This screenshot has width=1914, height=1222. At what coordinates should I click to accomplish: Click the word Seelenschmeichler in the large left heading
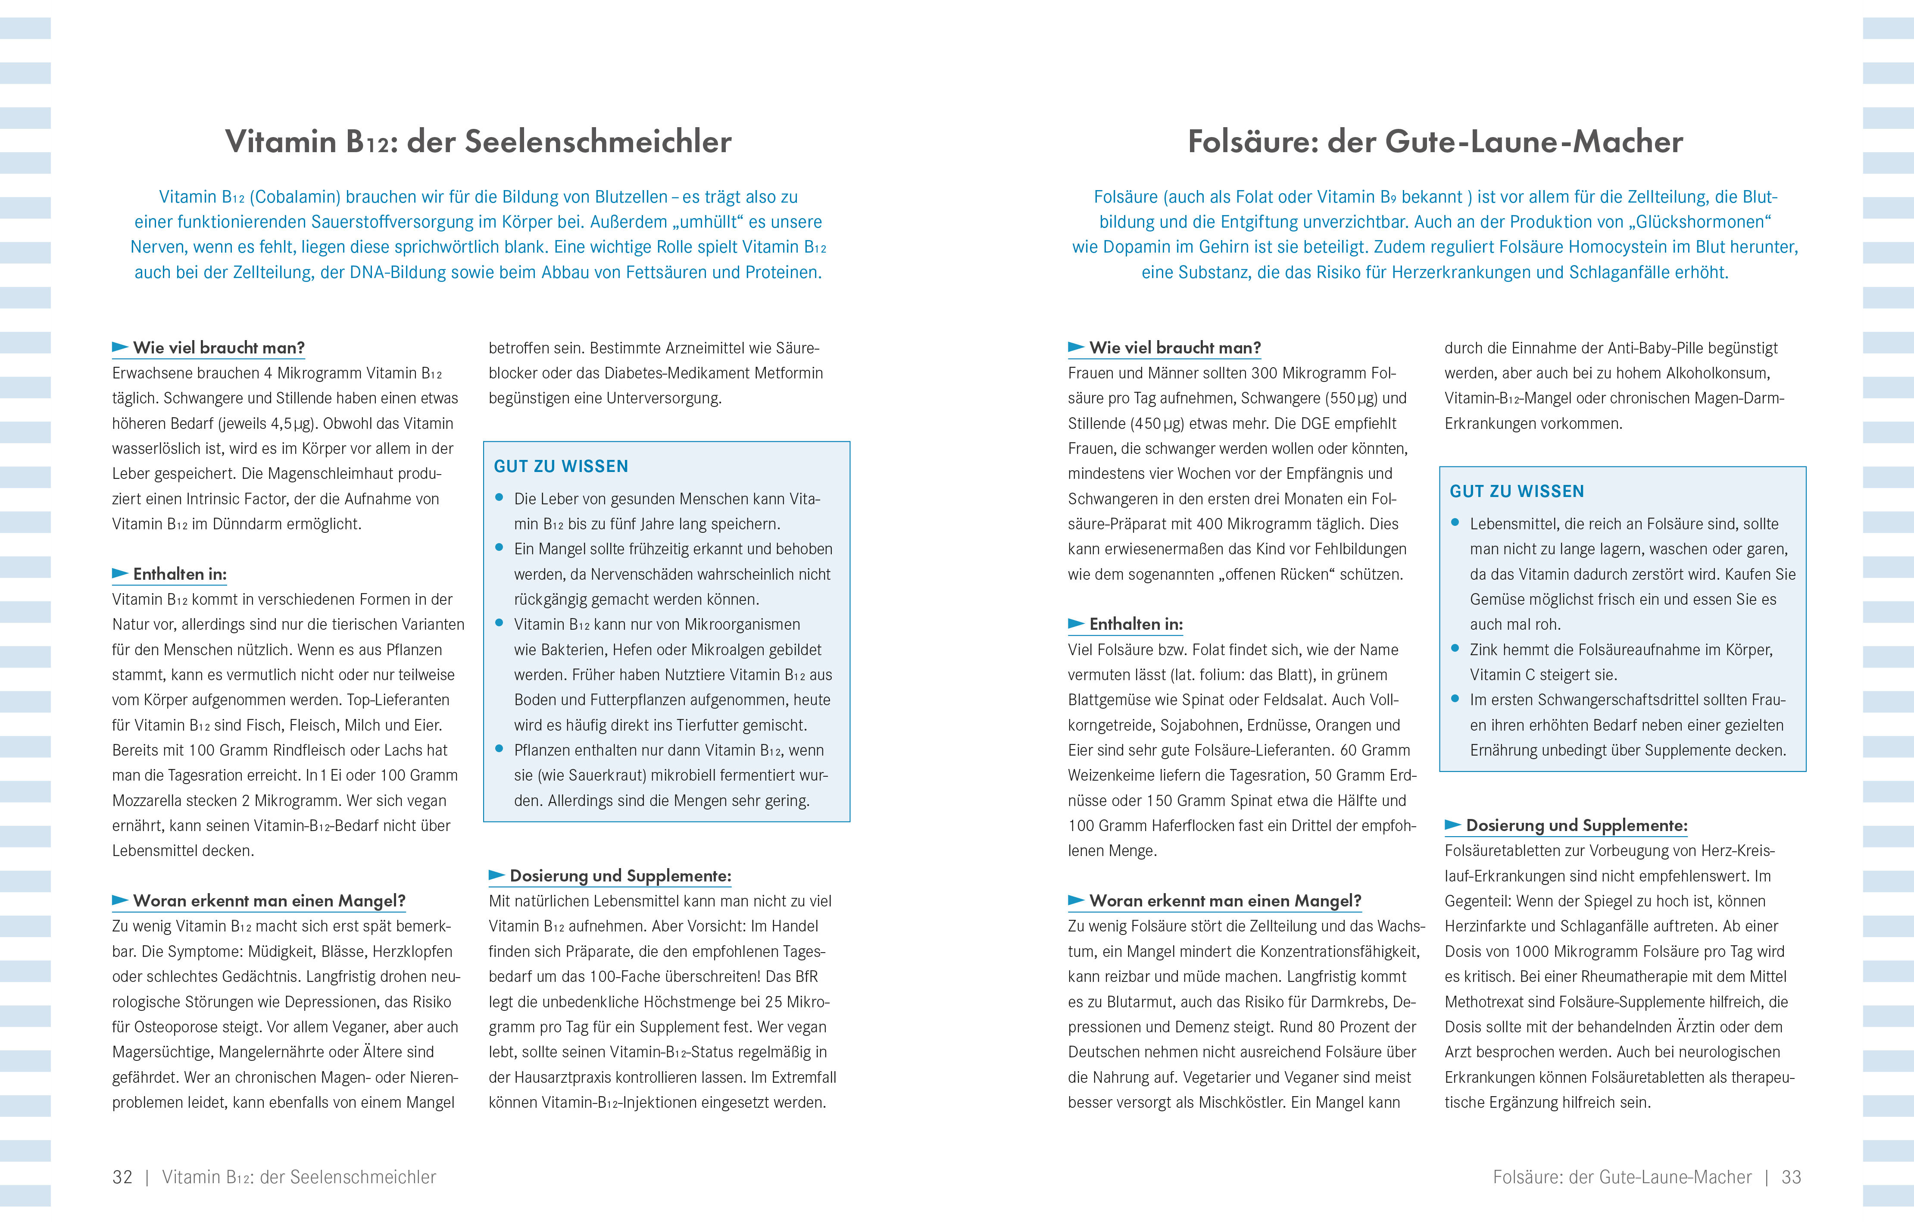point(598,141)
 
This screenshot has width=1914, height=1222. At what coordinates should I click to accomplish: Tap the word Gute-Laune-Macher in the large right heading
point(1534,141)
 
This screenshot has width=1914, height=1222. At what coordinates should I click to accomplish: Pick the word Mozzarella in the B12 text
point(150,800)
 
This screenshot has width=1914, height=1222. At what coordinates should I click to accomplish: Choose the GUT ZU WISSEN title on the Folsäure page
point(1517,491)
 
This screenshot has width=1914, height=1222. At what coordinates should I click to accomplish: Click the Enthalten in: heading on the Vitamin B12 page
point(180,574)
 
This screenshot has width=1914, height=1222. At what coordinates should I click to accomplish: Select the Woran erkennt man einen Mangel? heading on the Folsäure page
point(1225,901)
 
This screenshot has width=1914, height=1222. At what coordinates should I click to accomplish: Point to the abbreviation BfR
point(804,976)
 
